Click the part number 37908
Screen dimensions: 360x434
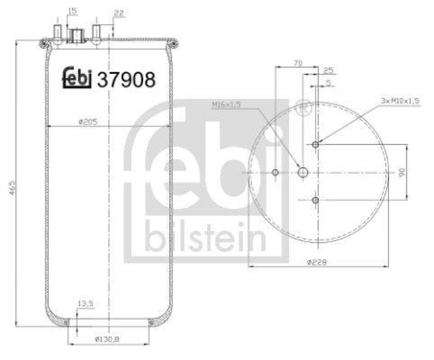tap(126, 80)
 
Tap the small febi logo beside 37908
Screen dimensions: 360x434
tap(76, 79)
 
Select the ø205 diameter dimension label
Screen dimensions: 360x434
tap(87, 122)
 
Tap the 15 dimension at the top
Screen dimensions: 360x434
tap(72, 10)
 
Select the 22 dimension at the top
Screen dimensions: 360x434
tap(119, 14)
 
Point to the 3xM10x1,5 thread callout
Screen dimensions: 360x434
tap(400, 102)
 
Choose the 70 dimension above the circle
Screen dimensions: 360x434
tap(297, 63)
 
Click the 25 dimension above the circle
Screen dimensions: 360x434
tap(328, 71)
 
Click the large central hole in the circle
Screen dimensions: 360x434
tap(303, 173)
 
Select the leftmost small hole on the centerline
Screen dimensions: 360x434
tap(276, 173)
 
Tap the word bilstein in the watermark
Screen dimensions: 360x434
tap(205, 238)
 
